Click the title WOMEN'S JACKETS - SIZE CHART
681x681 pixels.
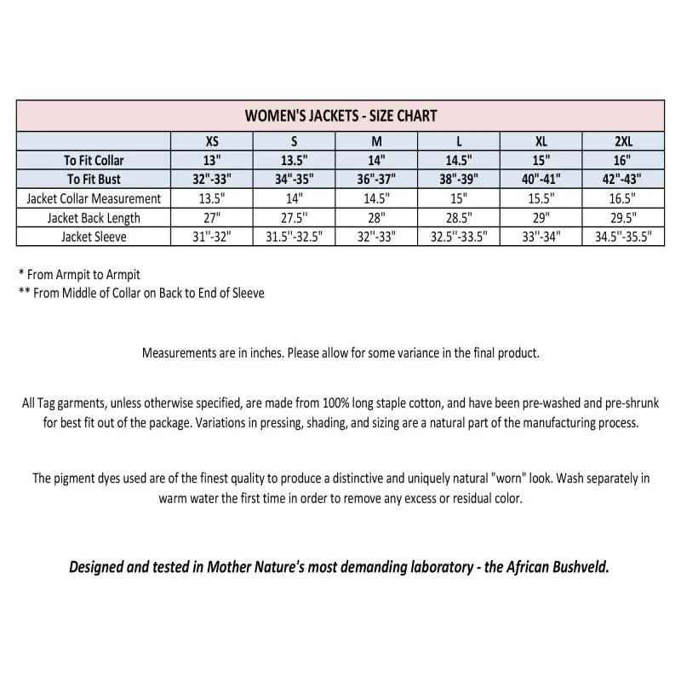pyautogui.click(x=340, y=116)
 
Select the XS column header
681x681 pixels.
pyautogui.click(x=212, y=141)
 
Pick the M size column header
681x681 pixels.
pyautogui.click(x=375, y=141)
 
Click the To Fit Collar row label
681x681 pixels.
pyautogui.click(x=94, y=160)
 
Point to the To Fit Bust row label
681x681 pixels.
pyautogui.click(x=94, y=179)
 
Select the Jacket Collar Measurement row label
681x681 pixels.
pyautogui.click(x=94, y=198)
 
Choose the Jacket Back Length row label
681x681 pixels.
pyautogui.click(x=94, y=218)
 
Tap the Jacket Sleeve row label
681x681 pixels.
pyautogui.click(x=94, y=237)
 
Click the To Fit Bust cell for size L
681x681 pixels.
pyautogui.click(x=457, y=179)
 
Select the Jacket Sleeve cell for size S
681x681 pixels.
pyautogui.click(x=294, y=237)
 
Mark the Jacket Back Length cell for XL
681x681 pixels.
pyautogui.click(x=540, y=218)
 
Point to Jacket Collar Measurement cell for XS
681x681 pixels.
pyautogui.click(x=212, y=198)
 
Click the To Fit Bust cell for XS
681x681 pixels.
pyautogui.click(x=212, y=179)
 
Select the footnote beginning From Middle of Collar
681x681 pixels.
pyautogui.click(x=141, y=293)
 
